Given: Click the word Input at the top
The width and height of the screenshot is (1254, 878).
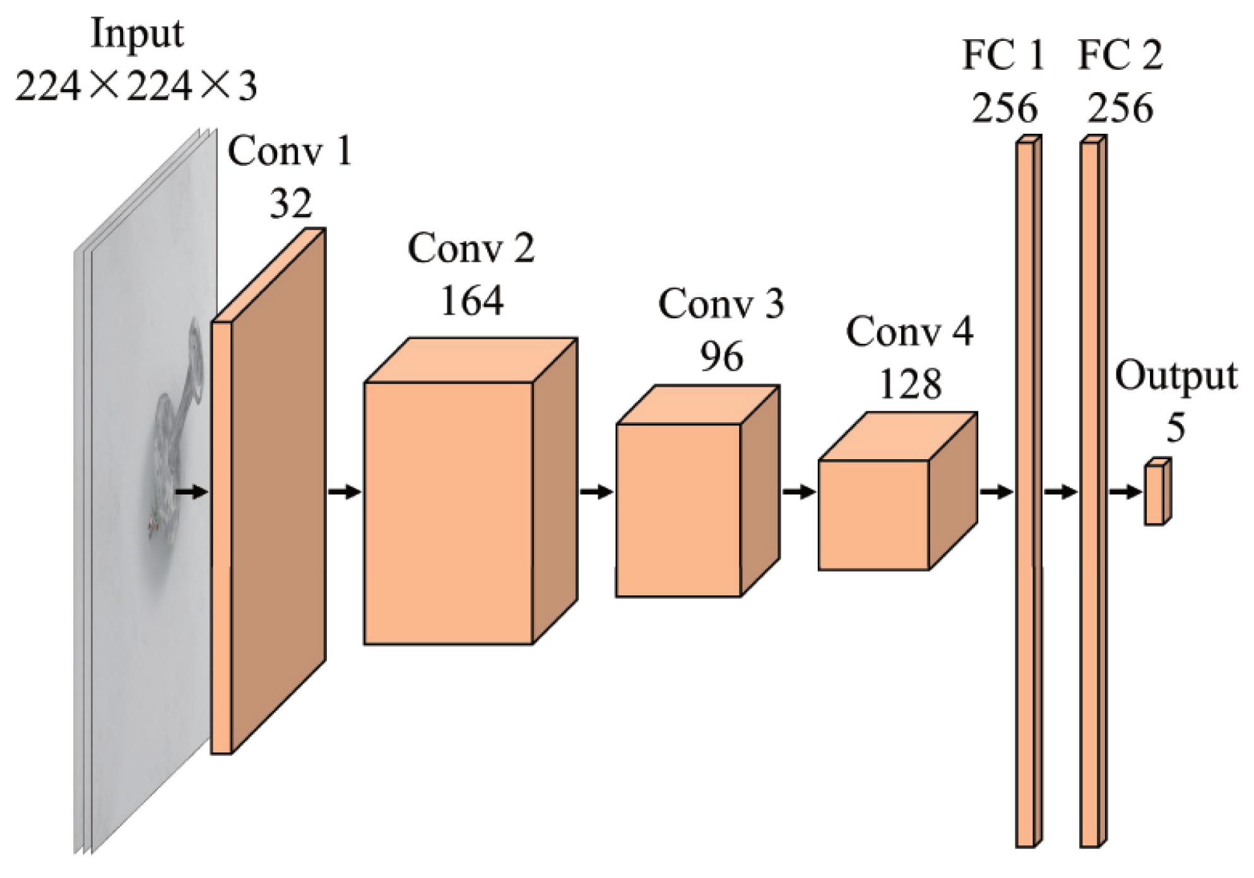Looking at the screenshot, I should pyautogui.click(x=137, y=33).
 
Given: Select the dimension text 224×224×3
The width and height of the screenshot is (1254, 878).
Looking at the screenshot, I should pyautogui.click(x=136, y=86).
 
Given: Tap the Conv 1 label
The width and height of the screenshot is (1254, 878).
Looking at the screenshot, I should pyautogui.click(x=290, y=152).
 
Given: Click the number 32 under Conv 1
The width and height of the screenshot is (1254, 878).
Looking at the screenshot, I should pyautogui.click(x=291, y=203).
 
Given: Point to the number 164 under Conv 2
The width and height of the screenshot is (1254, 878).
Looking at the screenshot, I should pyautogui.click(x=471, y=301).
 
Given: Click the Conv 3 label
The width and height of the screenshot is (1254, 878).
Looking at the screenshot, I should pyautogui.click(x=721, y=304).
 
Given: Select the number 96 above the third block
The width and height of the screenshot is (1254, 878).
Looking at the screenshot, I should pyautogui.click(x=721, y=357).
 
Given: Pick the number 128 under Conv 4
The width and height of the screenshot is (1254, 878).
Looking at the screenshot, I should pyautogui.click(x=910, y=384).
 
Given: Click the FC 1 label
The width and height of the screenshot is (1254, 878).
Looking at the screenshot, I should pyautogui.click(x=1003, y=56).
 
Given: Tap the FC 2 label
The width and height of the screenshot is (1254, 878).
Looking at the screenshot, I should pyautogui.click(x=1120, y=56).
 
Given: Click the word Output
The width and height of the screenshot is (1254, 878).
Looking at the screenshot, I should pyautogui.click(x=1175, y=377).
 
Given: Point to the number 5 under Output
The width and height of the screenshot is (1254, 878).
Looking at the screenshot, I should pyautogui.click(x=1175, y=428).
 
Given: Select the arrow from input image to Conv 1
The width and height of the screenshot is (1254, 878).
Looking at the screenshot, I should pyautogui.click(x=191, y=491).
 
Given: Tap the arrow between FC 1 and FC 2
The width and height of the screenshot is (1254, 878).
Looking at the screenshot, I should pyautogui.click(x=1060, y=491).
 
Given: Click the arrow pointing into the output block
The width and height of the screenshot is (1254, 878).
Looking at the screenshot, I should pyautogui.click(x=1125, y=491).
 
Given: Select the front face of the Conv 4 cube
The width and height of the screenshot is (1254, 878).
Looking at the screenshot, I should pyautogui.click(x=873, y=515).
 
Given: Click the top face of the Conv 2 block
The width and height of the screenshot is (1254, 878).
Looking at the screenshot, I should pyautogui.click(x=470, y=360).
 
